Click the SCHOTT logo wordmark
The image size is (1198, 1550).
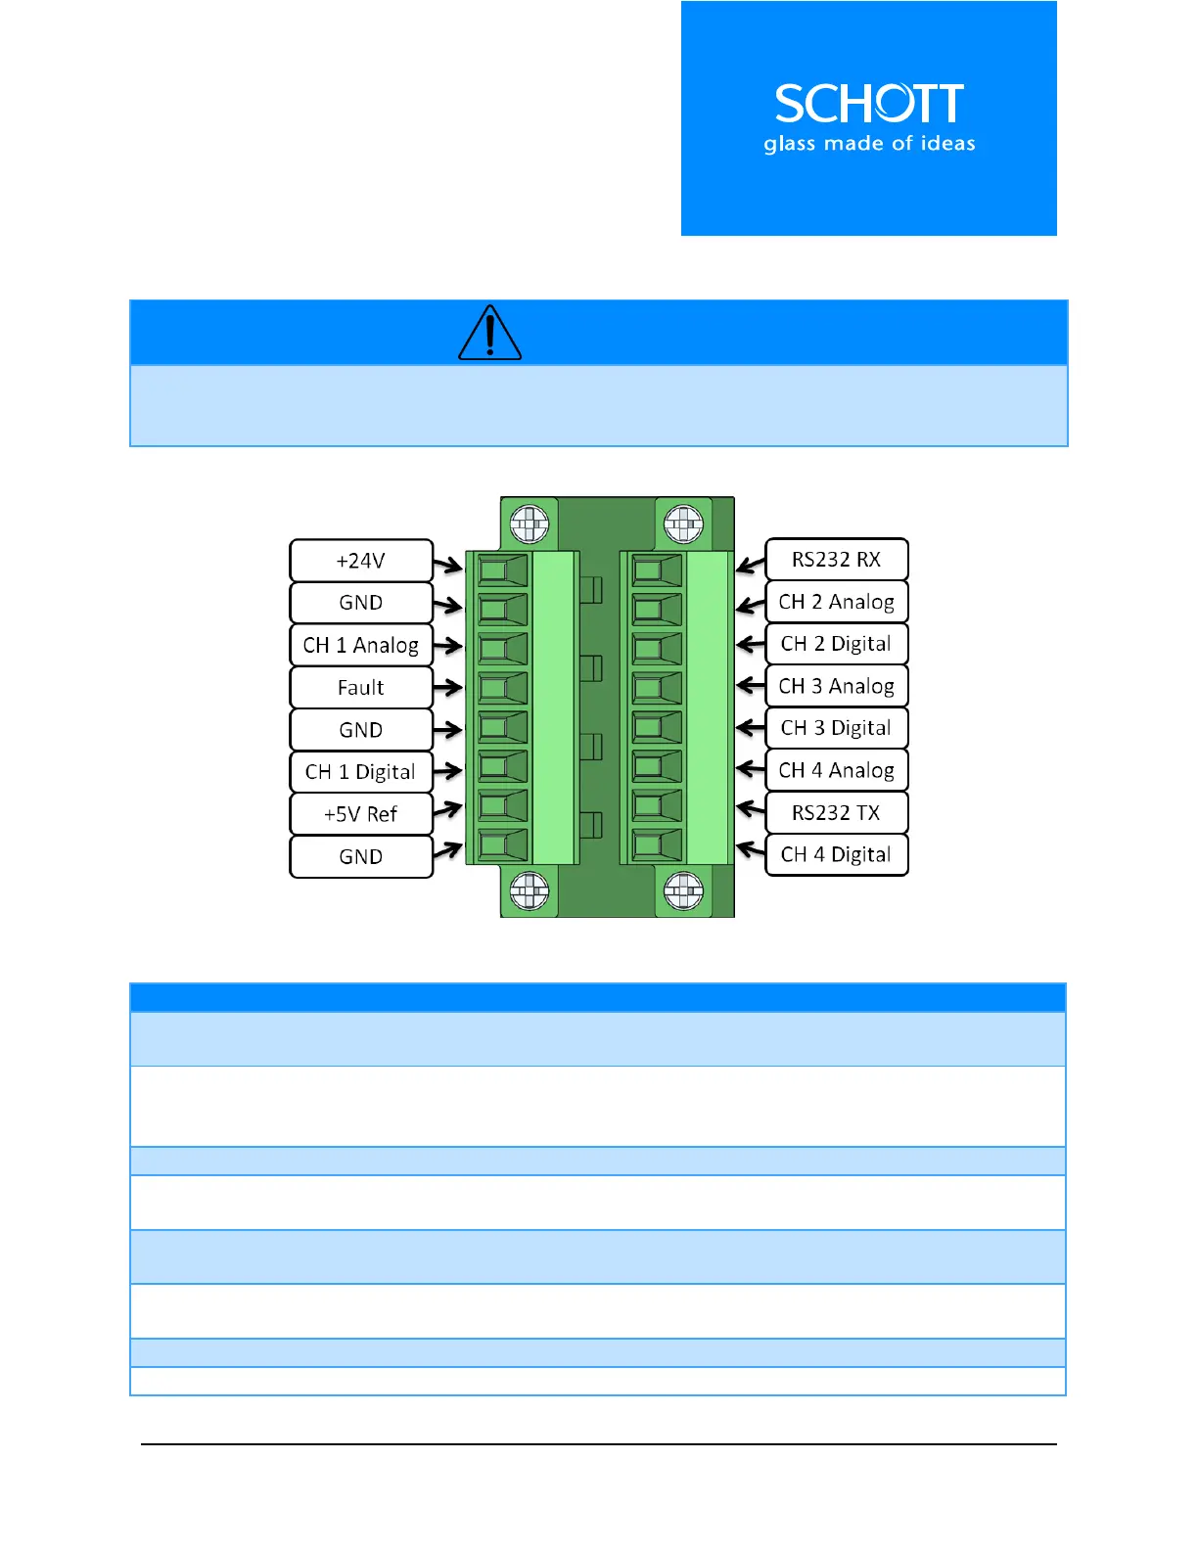[869, 104]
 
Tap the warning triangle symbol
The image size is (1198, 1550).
[489, 334]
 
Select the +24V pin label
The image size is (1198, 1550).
[361, 561]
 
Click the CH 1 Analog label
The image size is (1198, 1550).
[361, 645]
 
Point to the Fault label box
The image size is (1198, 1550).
[361, 687]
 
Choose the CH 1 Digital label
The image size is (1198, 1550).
[361, 771]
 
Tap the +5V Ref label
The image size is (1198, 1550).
[361, 813]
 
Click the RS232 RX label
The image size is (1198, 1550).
[837, 559]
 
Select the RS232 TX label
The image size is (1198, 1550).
[837, 812]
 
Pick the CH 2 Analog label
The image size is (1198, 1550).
[837, 601]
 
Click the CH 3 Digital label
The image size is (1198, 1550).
[837, 727]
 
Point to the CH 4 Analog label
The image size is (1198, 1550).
[837, 770]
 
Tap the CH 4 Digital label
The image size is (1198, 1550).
[837, 854]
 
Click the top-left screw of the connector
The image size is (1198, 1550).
[530, 524]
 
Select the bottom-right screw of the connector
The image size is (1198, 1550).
[683, 890]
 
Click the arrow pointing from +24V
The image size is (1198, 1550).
[448, 565]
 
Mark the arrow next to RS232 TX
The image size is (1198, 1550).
[750, 809]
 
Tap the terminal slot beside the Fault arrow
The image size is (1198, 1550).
[502, 688]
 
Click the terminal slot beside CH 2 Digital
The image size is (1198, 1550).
[657, 649]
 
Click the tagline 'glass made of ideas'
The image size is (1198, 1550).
[869, 144]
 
